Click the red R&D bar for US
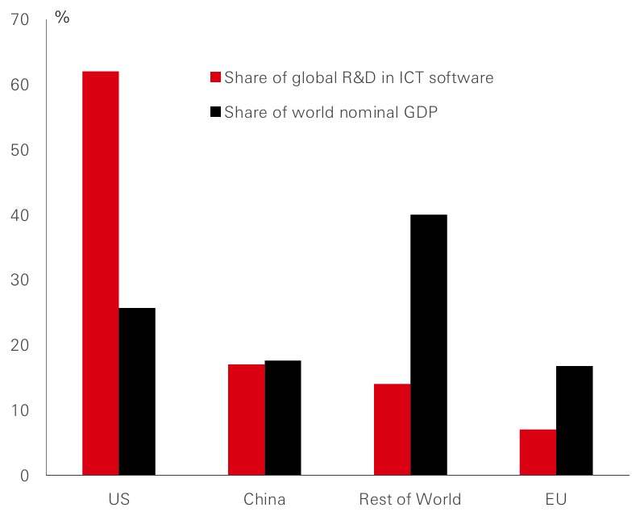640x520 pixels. point(101,273)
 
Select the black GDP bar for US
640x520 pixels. point(137,392)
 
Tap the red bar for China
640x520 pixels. point(247,420)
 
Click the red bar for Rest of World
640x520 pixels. point(393,430)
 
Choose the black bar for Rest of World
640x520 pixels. point(429,345)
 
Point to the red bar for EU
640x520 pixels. point(538,452)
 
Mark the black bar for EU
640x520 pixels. point(575,421)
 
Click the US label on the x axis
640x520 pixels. point(118,500)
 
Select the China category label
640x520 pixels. point(264,500)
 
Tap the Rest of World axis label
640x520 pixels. point(410,500)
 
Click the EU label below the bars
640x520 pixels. point(556,500)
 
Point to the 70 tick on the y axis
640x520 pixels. point(20,20)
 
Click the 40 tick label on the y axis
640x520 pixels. point(20,215)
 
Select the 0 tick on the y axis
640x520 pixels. point(24,476)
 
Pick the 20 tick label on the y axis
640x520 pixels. point(20,346)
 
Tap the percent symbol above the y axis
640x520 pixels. point(62,17)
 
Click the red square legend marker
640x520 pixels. point(215,78)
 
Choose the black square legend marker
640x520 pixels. point(215,113)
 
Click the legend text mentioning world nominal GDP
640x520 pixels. point(330,113)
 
